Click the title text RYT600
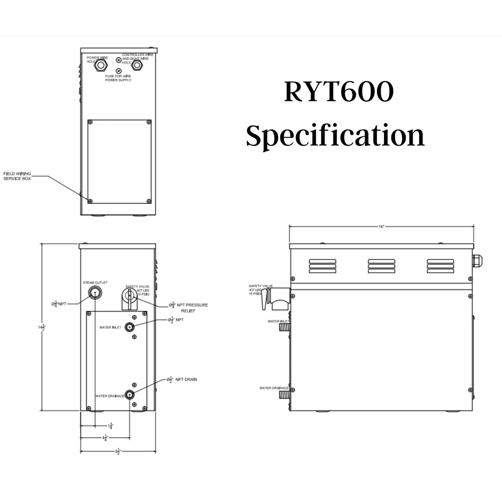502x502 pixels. click(x=338, y=92)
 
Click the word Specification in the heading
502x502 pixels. click(x=335, y=136)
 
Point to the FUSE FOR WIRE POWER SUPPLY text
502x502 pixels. click(x=118, y=78)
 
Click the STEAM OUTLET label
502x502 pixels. click(x=95, y=283)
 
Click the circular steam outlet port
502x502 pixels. click(x=95, y=293)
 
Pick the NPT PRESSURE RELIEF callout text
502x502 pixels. click(x=190, y=305)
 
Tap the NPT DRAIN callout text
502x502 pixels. click(x=184, y=379)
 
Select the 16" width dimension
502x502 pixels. click(x=382, y=226)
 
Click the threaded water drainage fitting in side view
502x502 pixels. click(x=284, y=394)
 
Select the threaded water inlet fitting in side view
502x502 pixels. click(x=284, y=327)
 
